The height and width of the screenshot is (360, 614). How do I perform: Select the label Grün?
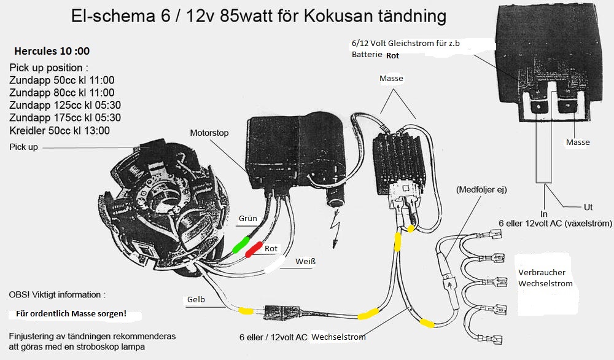pos(247,218)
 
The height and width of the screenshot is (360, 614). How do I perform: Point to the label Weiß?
pos(305,262)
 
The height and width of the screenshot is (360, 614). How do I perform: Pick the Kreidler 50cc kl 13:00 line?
pos(60,130)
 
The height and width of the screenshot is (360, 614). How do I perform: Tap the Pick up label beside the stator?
pos(23,147)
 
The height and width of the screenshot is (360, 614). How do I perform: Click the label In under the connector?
pos(544,213)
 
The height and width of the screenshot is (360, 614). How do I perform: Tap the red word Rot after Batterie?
pos(393,55)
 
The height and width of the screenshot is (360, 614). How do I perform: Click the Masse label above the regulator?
pos(391,79)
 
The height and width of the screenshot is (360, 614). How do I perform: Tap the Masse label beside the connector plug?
pos(578,143)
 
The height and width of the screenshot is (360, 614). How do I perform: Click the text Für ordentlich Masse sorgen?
pos(71,314)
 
